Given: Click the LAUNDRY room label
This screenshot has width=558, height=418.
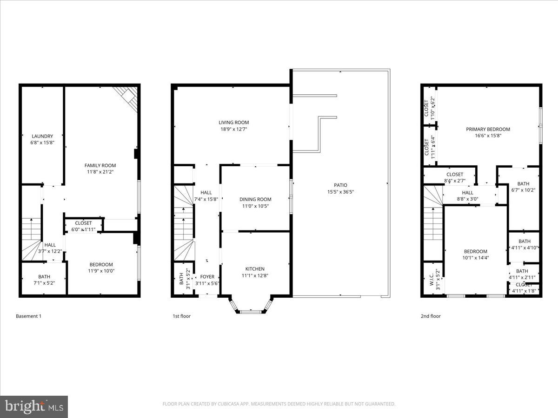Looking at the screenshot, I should coord(42,136).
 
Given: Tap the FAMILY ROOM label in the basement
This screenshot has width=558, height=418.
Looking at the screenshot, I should coord(100,165).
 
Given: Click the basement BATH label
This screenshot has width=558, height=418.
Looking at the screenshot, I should coord(44,276).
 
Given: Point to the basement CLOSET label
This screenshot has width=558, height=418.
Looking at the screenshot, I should coord(83,223).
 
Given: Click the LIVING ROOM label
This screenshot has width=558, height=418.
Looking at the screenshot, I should coord(234,123).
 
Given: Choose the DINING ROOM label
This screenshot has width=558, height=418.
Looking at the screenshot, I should coord(255,199).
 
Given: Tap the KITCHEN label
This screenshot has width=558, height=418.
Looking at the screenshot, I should coord(255,269).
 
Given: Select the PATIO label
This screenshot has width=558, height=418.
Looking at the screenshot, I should coord(340,185).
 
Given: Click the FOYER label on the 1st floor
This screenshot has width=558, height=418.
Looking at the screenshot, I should coord(207,277).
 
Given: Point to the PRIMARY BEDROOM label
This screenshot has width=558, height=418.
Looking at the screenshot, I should coord(488,130).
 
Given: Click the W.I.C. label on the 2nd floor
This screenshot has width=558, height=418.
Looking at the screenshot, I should coord(431,279).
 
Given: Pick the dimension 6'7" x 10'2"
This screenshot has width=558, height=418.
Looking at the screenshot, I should coord(523,190).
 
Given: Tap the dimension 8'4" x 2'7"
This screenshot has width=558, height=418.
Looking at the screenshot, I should coord(454,181).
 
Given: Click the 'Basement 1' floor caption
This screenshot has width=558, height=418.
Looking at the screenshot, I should coord(29,316).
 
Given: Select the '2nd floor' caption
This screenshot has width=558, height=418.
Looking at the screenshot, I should coord(431,316).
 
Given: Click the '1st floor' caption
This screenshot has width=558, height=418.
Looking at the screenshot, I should coord(182,316).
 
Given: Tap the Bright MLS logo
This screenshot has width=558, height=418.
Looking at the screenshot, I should coord(34,407).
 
